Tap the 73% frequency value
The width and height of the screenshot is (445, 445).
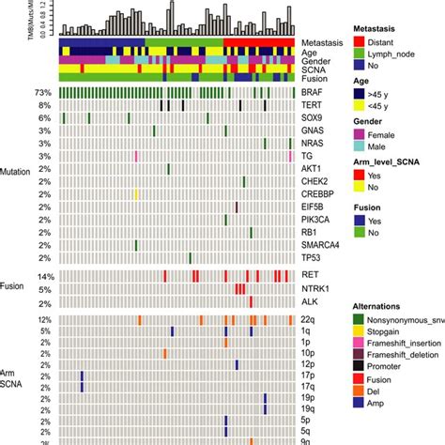[x=42, y=93]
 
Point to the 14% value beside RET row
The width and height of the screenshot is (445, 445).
[x=42, y=276]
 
